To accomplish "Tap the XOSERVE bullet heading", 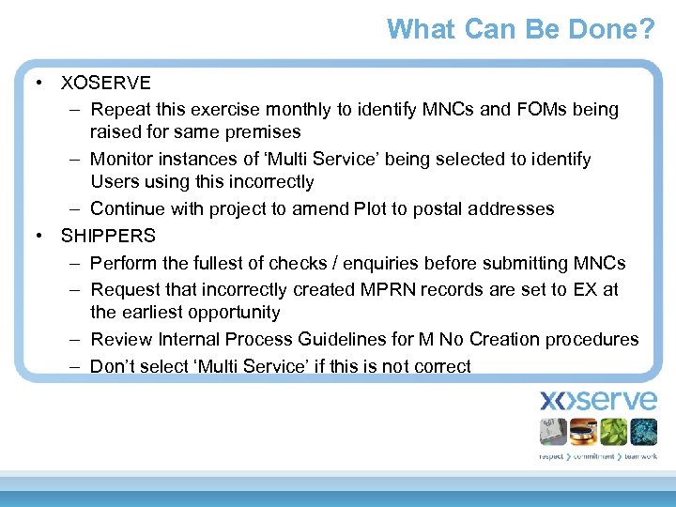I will [x=105, y=83].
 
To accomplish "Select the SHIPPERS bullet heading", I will [x=108, y=236].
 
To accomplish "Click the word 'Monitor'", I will [x=123, y=160].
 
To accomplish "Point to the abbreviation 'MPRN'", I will [x=387, y=290].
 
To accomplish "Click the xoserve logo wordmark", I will [x=598, y=401].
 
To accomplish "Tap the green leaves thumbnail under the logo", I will [x=613, y=432].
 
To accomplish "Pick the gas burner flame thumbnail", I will [x=583, y=432].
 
